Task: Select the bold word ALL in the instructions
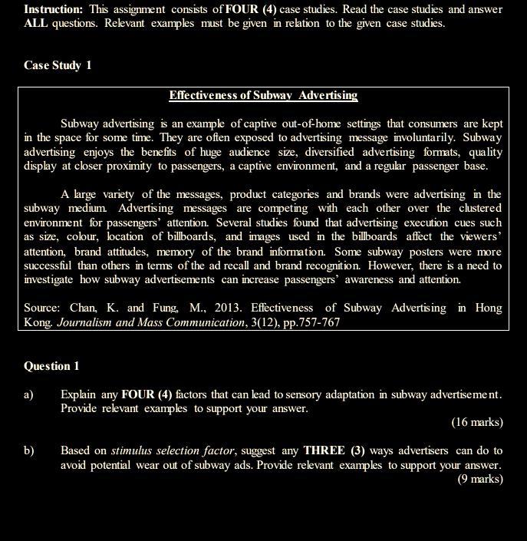[x=36, y=23]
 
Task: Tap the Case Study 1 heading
[x=58, y=65]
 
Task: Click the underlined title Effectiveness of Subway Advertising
[x=263, y=96]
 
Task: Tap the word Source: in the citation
[x=42, y=308]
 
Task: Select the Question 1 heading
[x=51, y=366]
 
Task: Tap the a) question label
[x=28, y=394]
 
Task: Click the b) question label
[x=29, y=450]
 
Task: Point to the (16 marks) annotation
[x=476, y=422]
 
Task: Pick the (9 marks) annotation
[x=480, y=479]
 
